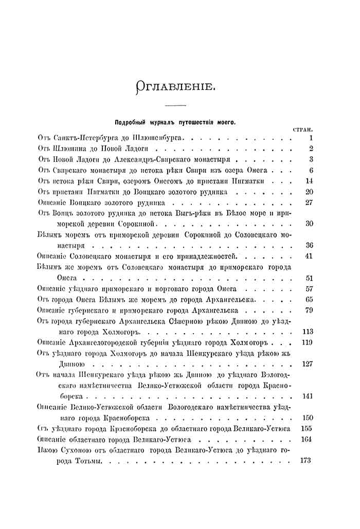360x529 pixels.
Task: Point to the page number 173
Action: coord(305,461)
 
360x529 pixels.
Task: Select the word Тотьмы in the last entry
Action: coord(88,461)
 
